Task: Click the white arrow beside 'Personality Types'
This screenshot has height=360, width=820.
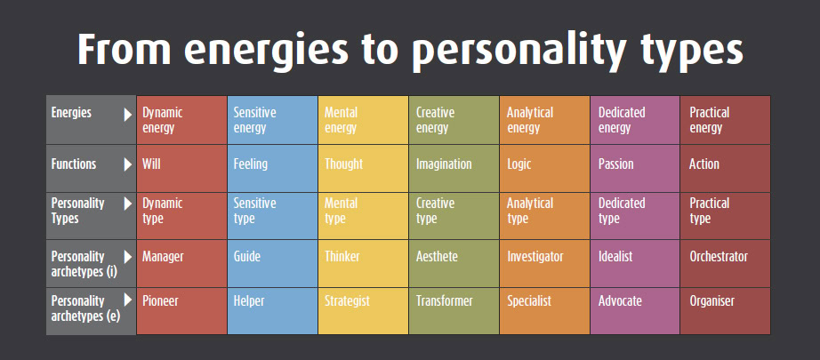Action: (128, 204)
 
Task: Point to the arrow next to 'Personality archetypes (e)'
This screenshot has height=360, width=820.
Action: (128, 300)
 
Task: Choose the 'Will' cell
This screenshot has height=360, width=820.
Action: (181, 168)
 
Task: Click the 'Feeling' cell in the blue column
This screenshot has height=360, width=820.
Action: (272, 168)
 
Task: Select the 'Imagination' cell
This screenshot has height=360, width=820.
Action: (454, 168)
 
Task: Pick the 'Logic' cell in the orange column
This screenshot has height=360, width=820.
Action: (545, 168)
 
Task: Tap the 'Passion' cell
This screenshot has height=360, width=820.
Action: (635, 168)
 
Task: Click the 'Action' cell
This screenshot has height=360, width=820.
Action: (726, 168)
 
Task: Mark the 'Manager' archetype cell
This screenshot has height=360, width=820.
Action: (181, 264)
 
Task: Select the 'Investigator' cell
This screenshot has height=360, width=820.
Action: (545, 264)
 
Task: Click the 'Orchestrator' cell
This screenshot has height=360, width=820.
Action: (726, 264)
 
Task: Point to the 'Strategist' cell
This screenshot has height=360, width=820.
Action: (363, 311)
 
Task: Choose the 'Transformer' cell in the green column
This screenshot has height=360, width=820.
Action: (454, 311)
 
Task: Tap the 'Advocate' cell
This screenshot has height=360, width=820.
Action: (635, 311)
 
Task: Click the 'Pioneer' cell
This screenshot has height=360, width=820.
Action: (181, 311)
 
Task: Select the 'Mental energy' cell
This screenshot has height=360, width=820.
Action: (363, 120)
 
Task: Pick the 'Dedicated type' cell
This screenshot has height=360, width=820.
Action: (635, 216)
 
